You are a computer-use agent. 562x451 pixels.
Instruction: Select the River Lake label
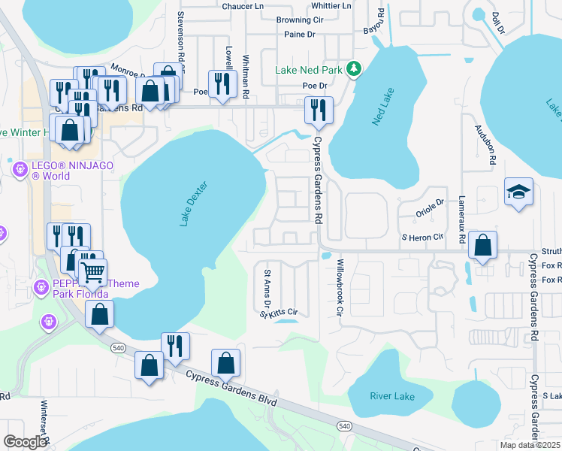(x=391, y=396)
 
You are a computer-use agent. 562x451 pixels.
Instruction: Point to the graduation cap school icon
(x=519, y=192)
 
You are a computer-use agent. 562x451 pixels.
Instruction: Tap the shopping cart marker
(x=93, y=272)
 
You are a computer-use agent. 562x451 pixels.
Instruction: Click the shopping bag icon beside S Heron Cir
(x=482, y=245)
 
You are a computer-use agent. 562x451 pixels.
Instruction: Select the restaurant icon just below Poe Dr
(x=318, y=110)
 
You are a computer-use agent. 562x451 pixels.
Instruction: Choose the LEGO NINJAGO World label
(x=50, y=171)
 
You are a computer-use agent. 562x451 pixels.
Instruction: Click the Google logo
(x=26, y=441)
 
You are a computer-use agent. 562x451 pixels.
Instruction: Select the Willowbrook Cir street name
(x=340, y=287)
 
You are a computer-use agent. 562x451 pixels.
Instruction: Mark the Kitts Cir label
(x=283, y=312)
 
